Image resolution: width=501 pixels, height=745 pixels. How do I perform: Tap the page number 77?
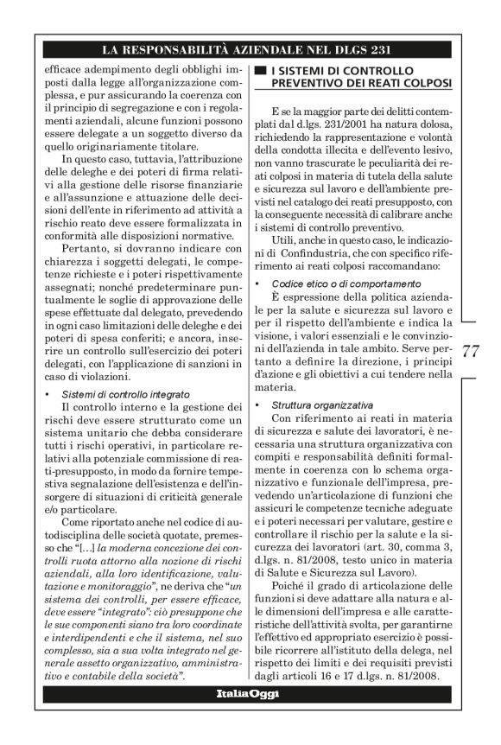coord(472,351)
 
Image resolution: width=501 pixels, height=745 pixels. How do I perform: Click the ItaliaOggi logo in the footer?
coord(250,693)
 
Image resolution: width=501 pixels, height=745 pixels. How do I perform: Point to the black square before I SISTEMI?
coord(259,69)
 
